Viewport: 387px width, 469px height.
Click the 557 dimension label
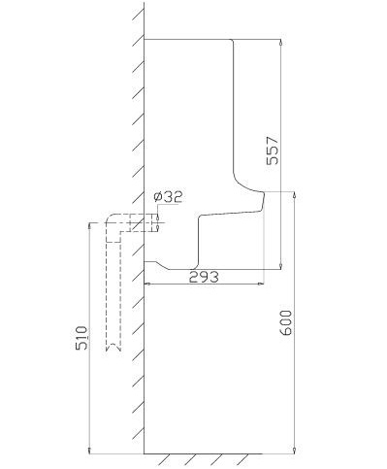pyautogui.click(x=272, y=151)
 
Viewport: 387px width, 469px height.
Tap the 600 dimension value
pyautogui.click(x=286, y=322)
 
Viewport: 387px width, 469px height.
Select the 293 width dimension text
pyautogui.click(x=204, y=277)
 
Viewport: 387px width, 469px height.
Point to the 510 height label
pyautogui.click(x=81, y=338)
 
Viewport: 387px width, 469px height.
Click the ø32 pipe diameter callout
pyautogui.click(x=168, y=197)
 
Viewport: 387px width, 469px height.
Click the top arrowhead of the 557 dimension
pyautogui.click(x=280, y=42)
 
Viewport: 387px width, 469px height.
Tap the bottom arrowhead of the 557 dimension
pyautogui.click(x=280, y=266)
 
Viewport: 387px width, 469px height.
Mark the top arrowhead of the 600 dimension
pyautogui.click(x=294, y=195)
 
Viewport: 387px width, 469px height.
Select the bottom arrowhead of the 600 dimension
pyautogui.click(x=294, y=451)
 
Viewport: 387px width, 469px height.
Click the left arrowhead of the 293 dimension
pyautogui.click(x=147, y=284)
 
